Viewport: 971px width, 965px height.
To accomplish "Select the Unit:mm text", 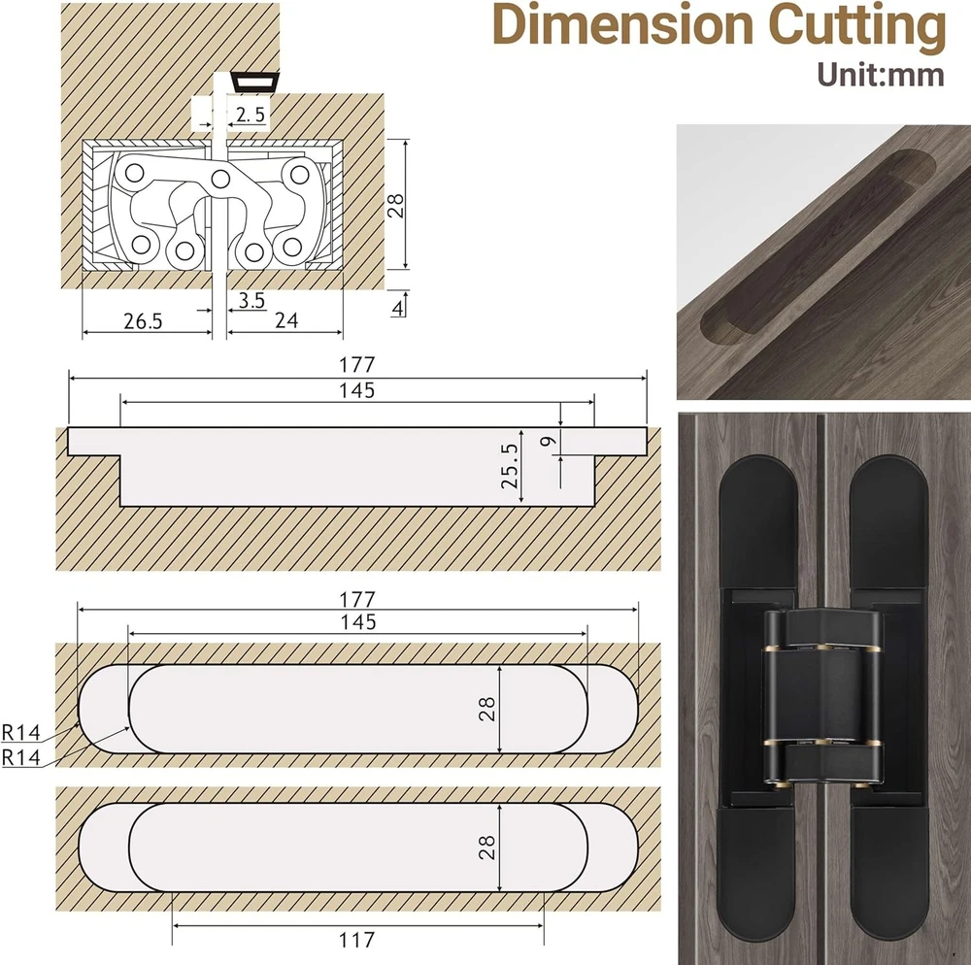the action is (x=880, y=75).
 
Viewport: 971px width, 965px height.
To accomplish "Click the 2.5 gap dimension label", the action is (x=251, y=115).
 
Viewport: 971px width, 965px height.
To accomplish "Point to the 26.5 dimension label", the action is (x=143, y=321).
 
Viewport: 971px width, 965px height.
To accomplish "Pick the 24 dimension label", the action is (x=286, y=320).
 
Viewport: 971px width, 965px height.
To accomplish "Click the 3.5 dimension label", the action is (x=251, y=300).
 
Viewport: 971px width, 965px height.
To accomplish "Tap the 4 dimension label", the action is (x=398, y=308).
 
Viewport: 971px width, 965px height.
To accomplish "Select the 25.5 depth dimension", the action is (x=510, y=466).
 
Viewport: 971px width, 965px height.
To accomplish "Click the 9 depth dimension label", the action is (x=549, y=442).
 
